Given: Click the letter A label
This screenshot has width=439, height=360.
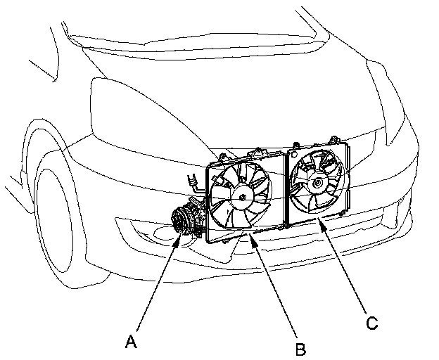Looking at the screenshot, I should point(129,342).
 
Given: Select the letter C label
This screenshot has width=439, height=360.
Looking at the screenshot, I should point(371,324).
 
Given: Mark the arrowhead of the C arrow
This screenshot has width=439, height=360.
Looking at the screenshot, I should point(321,220).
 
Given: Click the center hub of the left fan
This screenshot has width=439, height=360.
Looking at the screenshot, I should point(242,198).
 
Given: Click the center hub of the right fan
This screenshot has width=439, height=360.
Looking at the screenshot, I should point(319,183).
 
